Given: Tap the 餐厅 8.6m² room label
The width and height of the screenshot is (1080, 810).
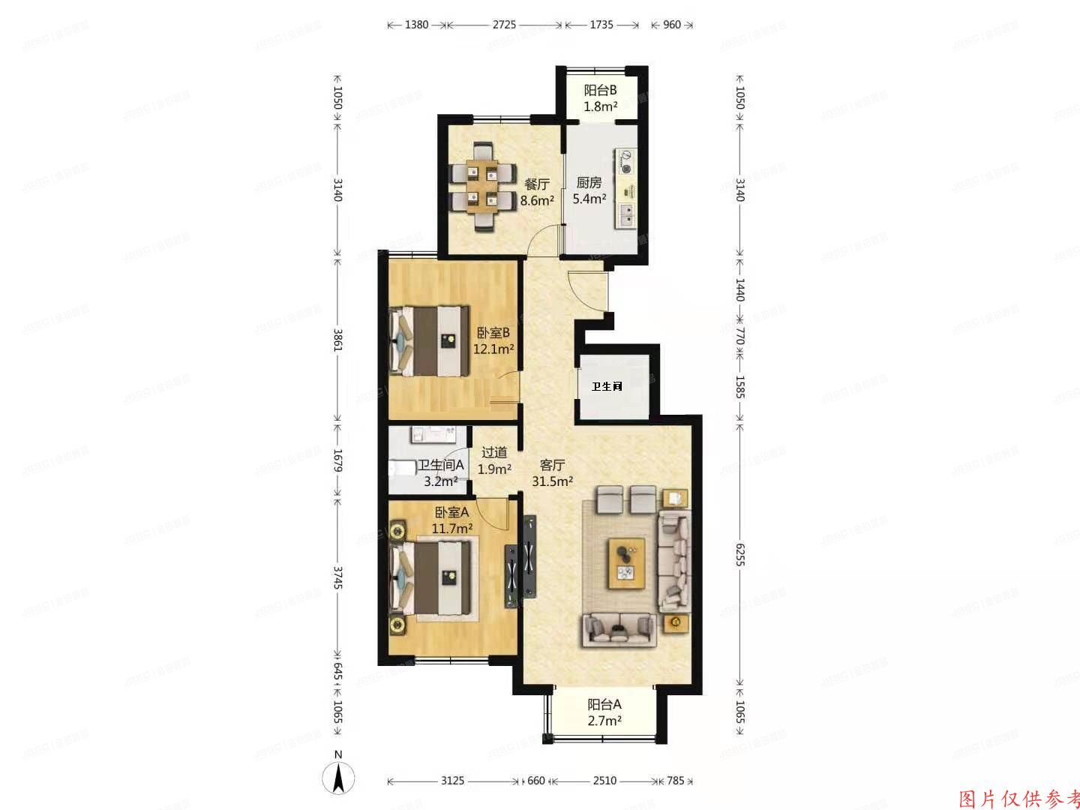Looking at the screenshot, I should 537,192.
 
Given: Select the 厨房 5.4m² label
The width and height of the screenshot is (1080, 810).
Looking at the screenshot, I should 589,190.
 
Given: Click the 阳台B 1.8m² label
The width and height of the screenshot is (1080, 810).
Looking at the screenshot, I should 600,98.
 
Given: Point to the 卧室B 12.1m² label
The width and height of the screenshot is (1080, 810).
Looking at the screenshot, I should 493,340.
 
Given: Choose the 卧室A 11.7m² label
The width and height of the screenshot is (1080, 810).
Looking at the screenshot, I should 451,520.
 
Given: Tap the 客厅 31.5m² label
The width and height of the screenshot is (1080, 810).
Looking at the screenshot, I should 552,473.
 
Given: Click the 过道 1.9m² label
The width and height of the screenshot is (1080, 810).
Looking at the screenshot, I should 494,460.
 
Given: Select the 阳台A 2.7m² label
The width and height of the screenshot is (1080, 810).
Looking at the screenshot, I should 604,712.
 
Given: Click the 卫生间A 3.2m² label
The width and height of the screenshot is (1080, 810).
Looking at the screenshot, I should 441,473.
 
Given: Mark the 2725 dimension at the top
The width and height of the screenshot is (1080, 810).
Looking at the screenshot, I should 504,25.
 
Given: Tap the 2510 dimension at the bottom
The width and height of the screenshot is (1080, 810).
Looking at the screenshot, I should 604,781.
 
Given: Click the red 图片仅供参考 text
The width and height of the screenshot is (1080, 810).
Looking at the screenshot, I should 1019,798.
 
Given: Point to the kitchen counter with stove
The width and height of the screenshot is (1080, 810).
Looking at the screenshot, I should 625,187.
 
